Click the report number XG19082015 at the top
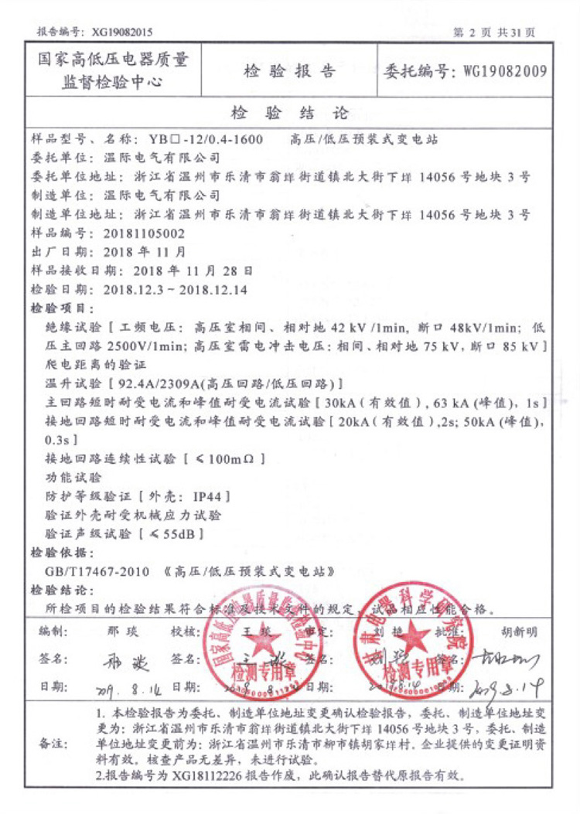tap(122, 32)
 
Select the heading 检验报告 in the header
tap(290, 72)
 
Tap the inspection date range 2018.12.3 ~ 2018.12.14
tap(174, 289)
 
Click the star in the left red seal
tap(260, 642)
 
